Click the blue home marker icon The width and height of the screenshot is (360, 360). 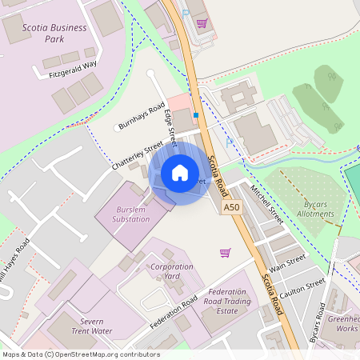click(x=180, y=172)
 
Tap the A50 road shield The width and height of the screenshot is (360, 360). click(x=232, y=207)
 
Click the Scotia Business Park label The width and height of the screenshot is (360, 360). click(x=54, y=33)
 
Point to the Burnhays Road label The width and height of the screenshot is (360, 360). click(x=142, y=115)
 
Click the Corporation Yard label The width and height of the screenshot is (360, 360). click(x=172, y=271)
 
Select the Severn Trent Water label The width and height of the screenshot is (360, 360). click(x=91, y=325)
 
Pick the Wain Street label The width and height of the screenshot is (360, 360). click(x=288, y=262)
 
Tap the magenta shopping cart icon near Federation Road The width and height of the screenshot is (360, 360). click(x=225, y=253)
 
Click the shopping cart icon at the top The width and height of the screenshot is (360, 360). click(x=202, y=22)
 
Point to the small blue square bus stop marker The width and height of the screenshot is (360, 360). click(x=195, y=114)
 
